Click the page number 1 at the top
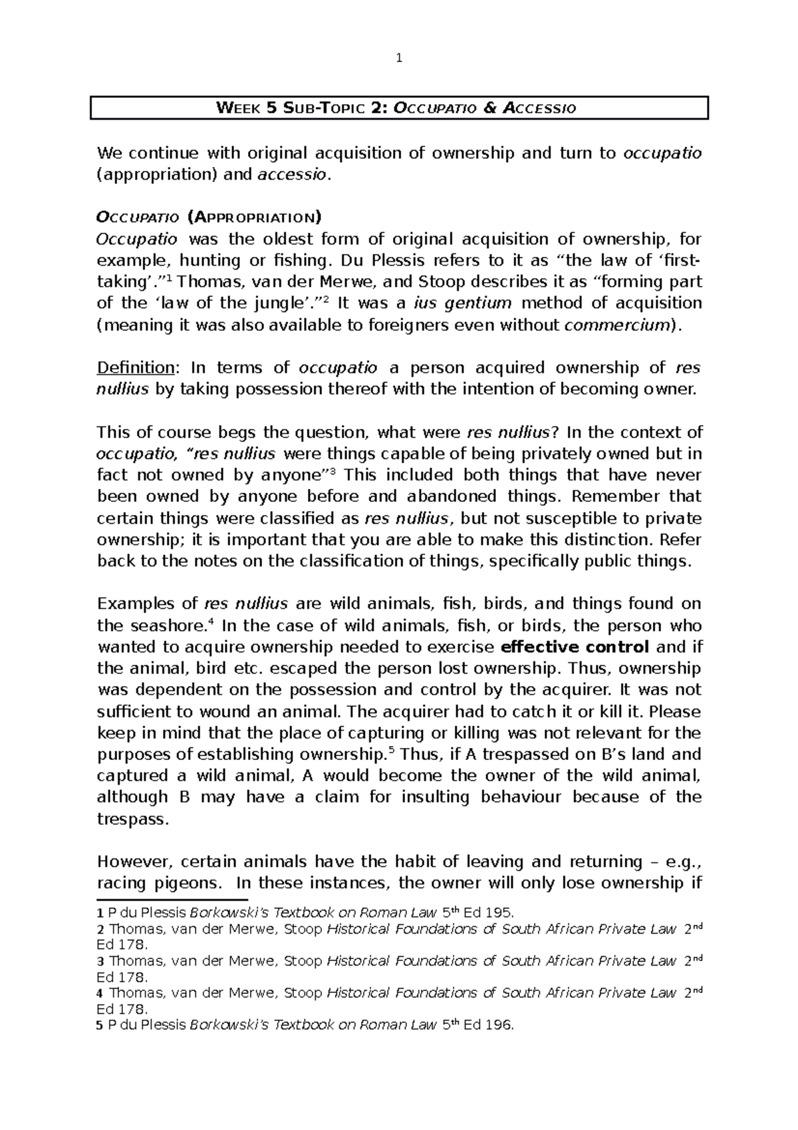pyautogui.click(x=398, y=59)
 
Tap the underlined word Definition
pyautogui.click(x=136, y=368)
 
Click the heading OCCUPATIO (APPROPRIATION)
pyautogui.click(x=209, y=218)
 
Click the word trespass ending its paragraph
pyautogui.click(x=130, y=819)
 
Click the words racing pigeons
pyautogui.click(x=157, y=883)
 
